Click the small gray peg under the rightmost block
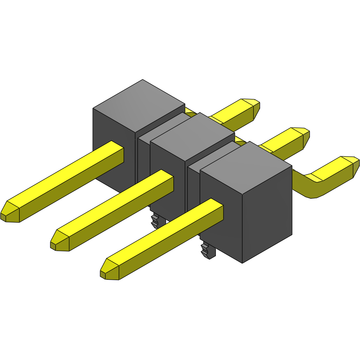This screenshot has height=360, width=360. [207, 250]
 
